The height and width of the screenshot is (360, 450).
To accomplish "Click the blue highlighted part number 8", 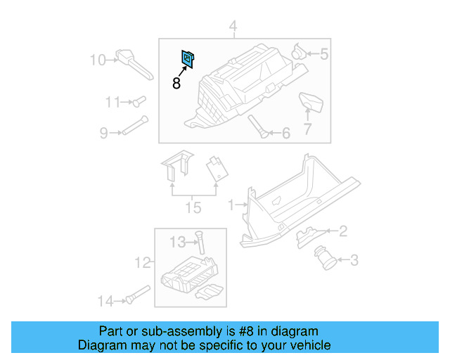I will pos(188,60).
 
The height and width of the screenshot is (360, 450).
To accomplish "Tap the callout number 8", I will pos(176,84).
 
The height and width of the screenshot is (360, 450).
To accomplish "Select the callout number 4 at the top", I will pos(233,28).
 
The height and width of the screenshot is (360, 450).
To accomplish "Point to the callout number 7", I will pos(307,129).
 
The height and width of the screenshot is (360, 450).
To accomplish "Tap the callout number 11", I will pos(112,103).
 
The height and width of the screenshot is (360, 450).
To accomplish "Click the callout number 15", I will pos(193,207).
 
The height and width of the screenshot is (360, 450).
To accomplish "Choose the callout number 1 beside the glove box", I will pos(231,205).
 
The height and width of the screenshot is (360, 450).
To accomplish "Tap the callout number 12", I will pos(143,263).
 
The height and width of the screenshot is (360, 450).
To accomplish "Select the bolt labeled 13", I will pos(199,243).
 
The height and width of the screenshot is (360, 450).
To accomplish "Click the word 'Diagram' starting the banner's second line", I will pos(100,345).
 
